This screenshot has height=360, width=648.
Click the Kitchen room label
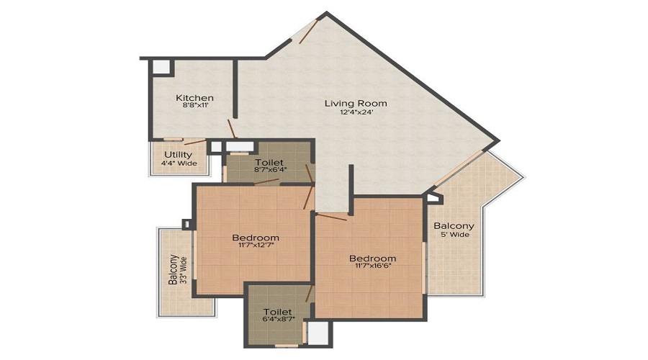pos(194,98)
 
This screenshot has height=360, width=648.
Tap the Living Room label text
pos(351,103)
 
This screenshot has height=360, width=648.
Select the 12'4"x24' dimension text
pos(351,112)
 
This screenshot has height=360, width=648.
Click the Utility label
pos(178,154)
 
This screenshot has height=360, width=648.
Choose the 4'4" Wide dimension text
pos(178,163)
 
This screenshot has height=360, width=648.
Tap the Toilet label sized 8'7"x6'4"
pos(269,163)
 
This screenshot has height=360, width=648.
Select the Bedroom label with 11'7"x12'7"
pos(256,238)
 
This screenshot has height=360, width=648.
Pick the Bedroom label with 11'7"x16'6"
pos(372,258)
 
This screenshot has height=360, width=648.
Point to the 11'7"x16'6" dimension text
pos(372,268)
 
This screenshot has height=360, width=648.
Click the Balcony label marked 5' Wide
pos(454,225)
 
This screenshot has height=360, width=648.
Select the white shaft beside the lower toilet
pos(319,332)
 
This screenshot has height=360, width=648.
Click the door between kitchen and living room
pos(232,130)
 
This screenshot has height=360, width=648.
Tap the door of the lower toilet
pos(310,293)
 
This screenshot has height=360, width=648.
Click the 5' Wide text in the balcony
pos(454,235)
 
